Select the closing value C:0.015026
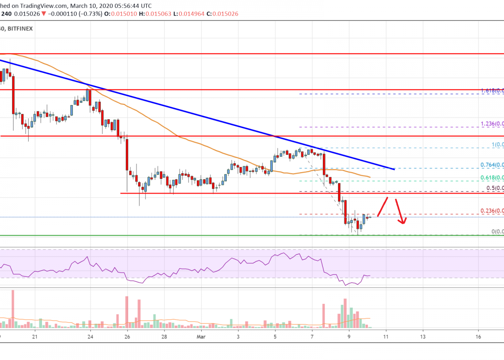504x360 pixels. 225,14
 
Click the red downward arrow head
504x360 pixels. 403,222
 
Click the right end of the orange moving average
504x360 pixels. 370,177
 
